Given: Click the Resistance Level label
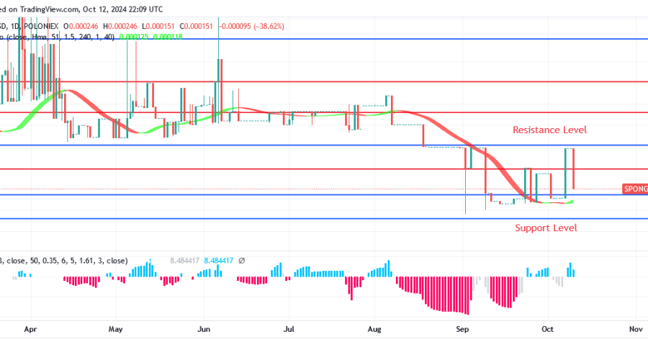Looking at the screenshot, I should pyautogui.click(x=549, y=130).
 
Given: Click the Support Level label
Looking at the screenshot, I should pyautogui.click(x=546, y=228).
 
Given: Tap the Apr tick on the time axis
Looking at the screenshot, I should pyautogui.click(x=30, y=329).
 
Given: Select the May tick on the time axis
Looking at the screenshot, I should pyautogui.click(x=116, y=329).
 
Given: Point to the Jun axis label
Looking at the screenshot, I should pyautogui.click(x=204, y=329).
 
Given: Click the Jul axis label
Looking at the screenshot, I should pyautogui.click(x=289, y=329).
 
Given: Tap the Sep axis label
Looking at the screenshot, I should pyautogui.click(x=463, y=329).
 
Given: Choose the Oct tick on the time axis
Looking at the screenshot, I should pyautogui.click(x=548, y=329).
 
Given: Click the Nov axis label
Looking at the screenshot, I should pyautogui.click(x=635, y=329).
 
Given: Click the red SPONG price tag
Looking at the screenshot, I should pyautogui.click(x=634, y=189).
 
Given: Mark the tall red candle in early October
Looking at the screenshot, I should pyautogui.click(x=574, y=168).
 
